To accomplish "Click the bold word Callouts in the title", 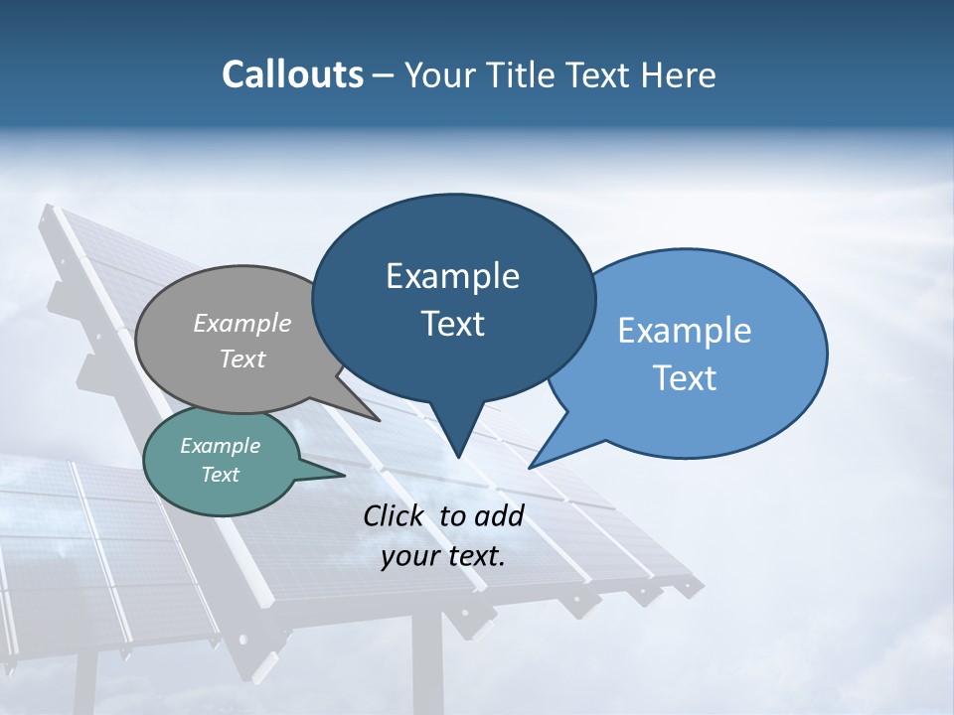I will coord(292,74).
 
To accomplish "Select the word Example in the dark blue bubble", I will coord(452,276).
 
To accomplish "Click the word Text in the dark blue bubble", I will coord(452,324).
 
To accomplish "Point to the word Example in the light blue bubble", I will coord(685,331).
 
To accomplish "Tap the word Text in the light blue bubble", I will coord(685,378).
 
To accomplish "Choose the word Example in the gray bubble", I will coord(242,323).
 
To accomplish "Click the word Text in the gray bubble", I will coord(242,358).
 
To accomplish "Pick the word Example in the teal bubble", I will coord(220,446).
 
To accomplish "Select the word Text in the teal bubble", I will coord(220,475).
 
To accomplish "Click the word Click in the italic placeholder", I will coord(395,515).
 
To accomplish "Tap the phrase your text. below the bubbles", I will coord(443,556).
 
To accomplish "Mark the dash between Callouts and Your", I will coord(384,76).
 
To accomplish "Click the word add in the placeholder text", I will coord(499,515).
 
